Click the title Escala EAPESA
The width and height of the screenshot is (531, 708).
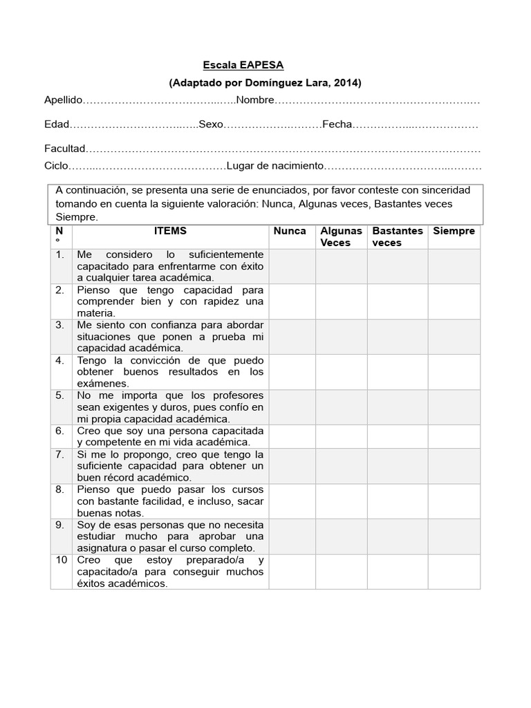click(243, 65)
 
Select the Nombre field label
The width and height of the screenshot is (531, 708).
click(255, 101)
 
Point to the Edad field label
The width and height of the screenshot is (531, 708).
click(57, 125)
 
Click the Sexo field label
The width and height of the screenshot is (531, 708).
click(211, 125)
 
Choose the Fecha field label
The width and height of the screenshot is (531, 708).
click(337, 125)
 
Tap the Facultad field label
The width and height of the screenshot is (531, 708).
click(65, 149)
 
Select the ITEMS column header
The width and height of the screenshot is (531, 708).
click(170, 231)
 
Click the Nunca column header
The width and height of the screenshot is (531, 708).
click(290, 231)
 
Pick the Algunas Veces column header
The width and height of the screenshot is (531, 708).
click(341, 236)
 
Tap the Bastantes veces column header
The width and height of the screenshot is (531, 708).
click(397, 236)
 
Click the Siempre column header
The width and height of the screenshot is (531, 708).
click(454, 231)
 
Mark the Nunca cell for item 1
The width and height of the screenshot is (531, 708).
click(292, 266)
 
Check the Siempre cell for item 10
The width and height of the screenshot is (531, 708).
click(454, 572)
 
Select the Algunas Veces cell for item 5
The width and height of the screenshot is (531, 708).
click(342, 407)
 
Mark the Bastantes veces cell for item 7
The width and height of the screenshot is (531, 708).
click(397, 466)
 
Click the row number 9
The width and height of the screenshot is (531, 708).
click(60, 525)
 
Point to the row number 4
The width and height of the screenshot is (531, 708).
click(60, 360)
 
